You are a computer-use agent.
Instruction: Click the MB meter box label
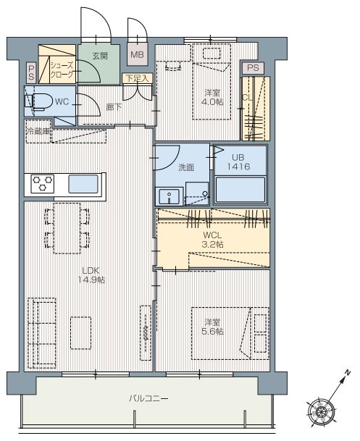[x=137, y=54]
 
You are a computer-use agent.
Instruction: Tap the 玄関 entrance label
[x=100, y=56]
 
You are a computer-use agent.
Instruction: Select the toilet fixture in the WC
[x=39, y=101]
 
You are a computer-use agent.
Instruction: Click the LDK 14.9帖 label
[x=91, y=275]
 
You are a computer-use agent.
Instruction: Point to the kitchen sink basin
[x=83, y=184]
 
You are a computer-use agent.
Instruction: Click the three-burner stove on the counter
[x=42, y=184]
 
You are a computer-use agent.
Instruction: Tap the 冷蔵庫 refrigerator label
[x=38, y=131]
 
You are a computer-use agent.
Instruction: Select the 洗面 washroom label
[x=186, y=167]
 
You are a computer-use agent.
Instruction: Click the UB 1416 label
[x=238, y=162]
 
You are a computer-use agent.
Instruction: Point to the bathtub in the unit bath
[x=240, y=189]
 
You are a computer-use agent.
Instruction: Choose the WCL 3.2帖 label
[x=212, y=240]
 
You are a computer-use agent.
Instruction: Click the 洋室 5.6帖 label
[x=212, y=327]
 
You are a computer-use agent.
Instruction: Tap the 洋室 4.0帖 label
[x=212, y=97]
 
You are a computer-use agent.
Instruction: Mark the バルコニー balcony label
[x=148, y=398]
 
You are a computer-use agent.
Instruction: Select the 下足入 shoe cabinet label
[x=137, y=78]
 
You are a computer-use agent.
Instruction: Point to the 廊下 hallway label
[x=114, y=107]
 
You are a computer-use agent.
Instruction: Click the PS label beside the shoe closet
[x=31, y=72]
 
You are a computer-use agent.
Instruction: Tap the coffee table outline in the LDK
[x=80, y=333]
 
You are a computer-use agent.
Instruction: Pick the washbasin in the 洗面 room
[x=169, y=196]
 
